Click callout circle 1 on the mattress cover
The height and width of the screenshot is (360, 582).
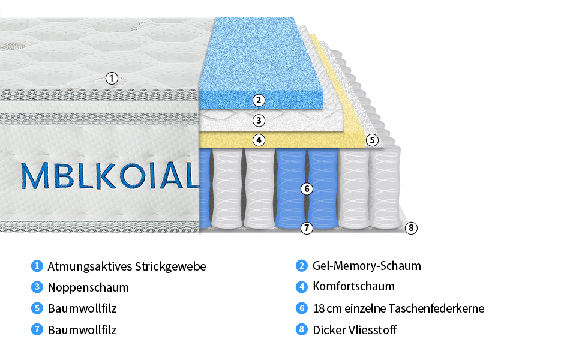coord(112,79)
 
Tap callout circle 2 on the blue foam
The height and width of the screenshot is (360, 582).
coord(259,100)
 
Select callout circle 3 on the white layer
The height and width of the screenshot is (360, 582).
coord(259,120)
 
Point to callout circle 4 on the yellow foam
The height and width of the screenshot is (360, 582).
coord(259,140)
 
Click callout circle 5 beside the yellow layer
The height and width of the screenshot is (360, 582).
coord(372,140)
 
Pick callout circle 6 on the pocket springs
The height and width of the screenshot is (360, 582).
coord(307,189)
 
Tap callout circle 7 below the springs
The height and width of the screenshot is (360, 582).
coord(307,227)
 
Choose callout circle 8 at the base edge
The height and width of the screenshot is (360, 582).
coord(411,227)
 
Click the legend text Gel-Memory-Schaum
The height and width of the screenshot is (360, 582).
coord(367,266)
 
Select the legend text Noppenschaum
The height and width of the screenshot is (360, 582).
coord(88,287)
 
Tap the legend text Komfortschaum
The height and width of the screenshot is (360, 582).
coord(354,286)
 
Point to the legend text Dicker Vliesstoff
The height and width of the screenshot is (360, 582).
coord(355,329)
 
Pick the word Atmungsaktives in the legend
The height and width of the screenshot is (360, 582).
coord(90,266)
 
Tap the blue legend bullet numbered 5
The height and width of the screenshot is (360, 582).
coord(37,308)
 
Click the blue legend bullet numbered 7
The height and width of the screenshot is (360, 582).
coord(37,329)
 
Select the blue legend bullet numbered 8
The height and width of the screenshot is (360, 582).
coord(301,329)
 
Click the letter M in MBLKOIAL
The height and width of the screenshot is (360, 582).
coord(35,175)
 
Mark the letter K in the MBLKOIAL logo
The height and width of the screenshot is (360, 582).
coord(106,175)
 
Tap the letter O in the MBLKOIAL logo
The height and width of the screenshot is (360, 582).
coord(133,175)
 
